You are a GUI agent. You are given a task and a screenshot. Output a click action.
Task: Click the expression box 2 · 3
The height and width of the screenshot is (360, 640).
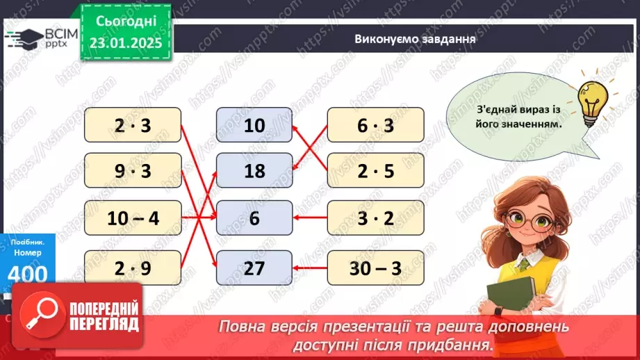pyautogui.click(x=133, y=125)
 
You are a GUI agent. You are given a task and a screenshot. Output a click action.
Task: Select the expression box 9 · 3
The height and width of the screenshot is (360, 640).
pyautogui.click(x=133, y=171)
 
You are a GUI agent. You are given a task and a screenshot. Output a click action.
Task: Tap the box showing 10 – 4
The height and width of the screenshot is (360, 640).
pyautogui.click(x=133, y=218)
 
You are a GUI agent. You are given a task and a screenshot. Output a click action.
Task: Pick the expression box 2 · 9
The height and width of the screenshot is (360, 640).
pyautogui.click(x=133, y=268)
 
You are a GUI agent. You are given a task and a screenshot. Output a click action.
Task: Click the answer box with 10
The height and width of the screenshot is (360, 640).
pyautogui.click(x=254, y=125)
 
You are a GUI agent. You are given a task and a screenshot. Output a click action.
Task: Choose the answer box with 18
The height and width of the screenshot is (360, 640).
pyautogui.click(x=254, y=171)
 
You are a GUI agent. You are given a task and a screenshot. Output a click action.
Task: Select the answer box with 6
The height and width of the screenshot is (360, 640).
pyautogui.click(x=254, y=218)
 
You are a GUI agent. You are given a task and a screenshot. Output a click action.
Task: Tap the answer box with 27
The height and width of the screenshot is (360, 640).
pyautogui.click(x=254, y=268)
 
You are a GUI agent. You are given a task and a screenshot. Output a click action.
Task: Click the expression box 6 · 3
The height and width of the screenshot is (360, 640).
pyautogui.click(x=375, y=125)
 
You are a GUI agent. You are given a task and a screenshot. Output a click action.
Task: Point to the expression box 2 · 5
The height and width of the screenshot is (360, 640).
pyautogui.click(x=375, y=171)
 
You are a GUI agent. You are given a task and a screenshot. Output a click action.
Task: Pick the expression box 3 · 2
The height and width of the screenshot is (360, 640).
pyautogui.click(x=375, y=218)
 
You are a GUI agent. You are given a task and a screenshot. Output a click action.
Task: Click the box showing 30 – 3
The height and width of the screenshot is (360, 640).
pyautogui.click(x=375, y=268)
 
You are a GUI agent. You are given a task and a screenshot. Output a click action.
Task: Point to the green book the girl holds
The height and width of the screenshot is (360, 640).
pyautogui.click(x=510, y=298)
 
